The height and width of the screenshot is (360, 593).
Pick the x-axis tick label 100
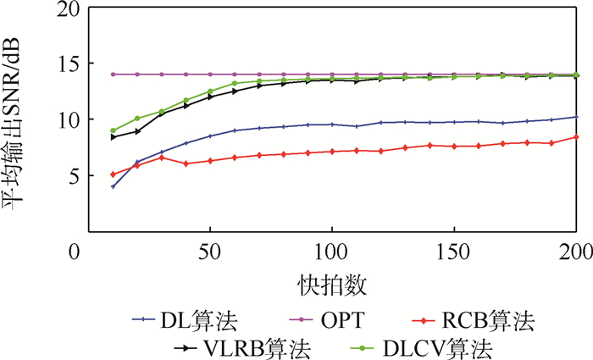coord(330,252)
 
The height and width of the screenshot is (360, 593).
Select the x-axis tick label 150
coord(454,252)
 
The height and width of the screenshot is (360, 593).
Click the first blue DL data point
coord(113,186)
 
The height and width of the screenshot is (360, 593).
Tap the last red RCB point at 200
coord(576,137)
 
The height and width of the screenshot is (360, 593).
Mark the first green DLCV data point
coord(113,130)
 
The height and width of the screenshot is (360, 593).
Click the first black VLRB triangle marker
coord(113,136)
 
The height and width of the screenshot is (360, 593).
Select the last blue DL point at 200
coord(576,117)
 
